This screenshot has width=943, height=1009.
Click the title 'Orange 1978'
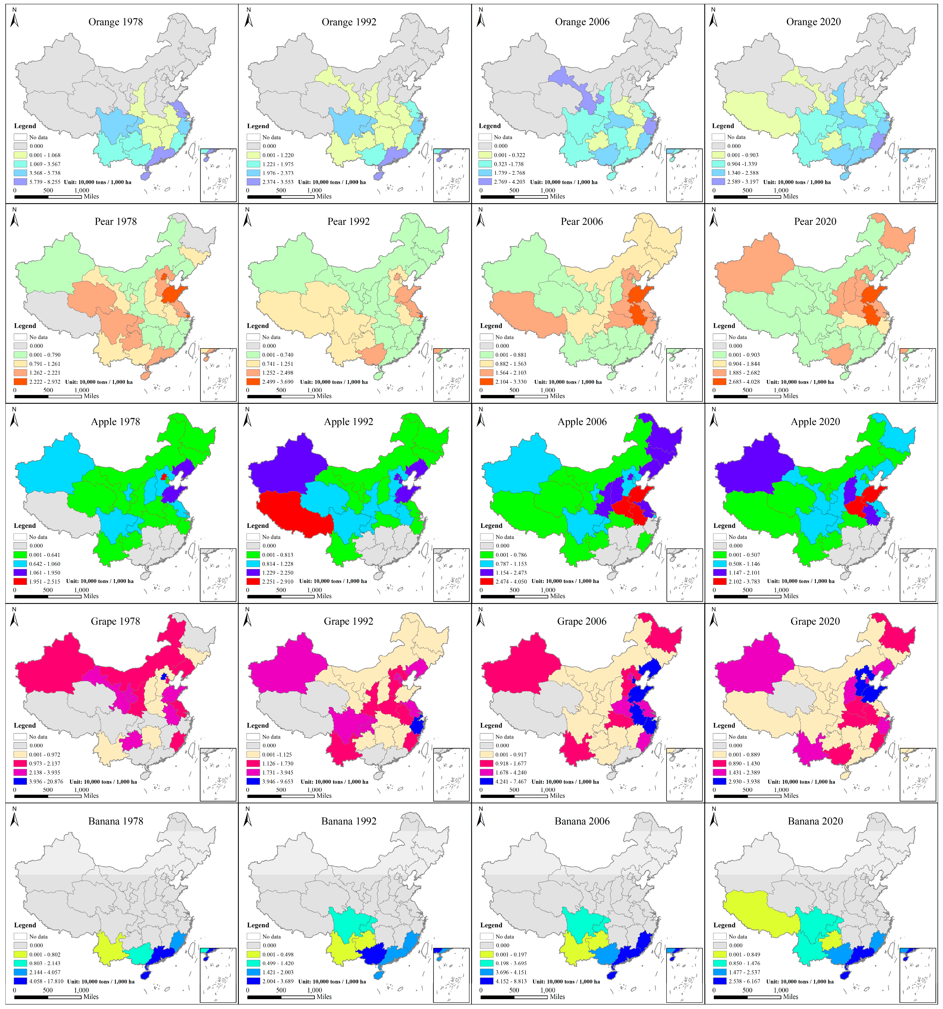coord(116,22)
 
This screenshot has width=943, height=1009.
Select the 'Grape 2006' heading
coord(582,621)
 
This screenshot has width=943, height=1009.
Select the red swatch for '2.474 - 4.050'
coord(486,581)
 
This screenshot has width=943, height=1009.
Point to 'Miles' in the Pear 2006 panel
coord(557,396)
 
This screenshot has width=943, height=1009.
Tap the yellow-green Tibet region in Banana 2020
coord(756,914)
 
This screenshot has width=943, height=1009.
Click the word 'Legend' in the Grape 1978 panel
coord(25,725)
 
